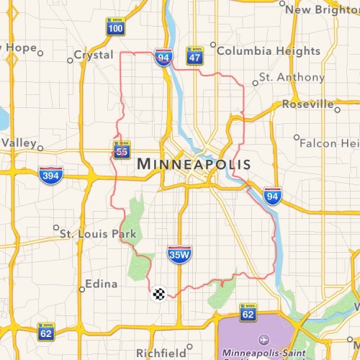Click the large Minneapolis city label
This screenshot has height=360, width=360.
[194, 164]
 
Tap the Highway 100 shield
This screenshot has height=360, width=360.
[115, 27]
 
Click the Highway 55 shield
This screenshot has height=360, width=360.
[121, 149]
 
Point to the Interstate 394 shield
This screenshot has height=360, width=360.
[51, 174]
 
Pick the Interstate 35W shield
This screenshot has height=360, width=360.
[179, 253]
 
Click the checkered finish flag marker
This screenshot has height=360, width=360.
[159, 293]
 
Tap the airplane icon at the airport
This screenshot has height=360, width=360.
[262, 339]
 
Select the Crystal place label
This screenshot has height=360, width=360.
[94, 55]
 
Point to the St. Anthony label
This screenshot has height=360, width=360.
[282, 77]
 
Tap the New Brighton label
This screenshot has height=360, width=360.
[323, 9]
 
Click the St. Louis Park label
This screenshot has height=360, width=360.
[94, 233]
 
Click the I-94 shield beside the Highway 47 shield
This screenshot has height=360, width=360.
[163, 58]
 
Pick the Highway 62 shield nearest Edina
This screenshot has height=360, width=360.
[46, 332]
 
